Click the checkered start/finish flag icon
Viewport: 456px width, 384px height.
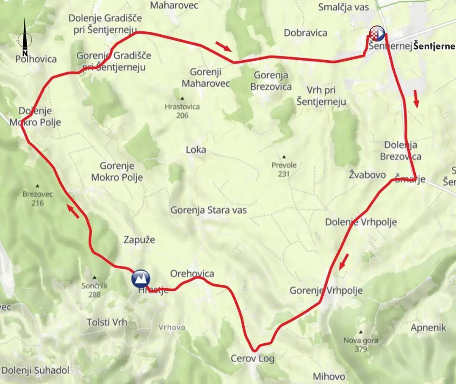[377, 33]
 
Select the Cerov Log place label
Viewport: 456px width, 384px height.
[252, 359]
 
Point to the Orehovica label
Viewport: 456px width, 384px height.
[192, 274]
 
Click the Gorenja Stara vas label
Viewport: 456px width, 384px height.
[208, 210]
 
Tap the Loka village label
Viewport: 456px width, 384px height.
[196, 150]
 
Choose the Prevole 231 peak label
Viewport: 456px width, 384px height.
[284, 169]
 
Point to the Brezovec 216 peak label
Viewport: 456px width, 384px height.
[37, 198]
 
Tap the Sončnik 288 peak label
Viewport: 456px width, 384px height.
[94, 290]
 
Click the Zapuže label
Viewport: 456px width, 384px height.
[139, 240]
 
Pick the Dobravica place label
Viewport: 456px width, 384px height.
[306, 33]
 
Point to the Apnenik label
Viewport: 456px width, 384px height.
[428, 328]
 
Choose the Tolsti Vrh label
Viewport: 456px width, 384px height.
[107, 322]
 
